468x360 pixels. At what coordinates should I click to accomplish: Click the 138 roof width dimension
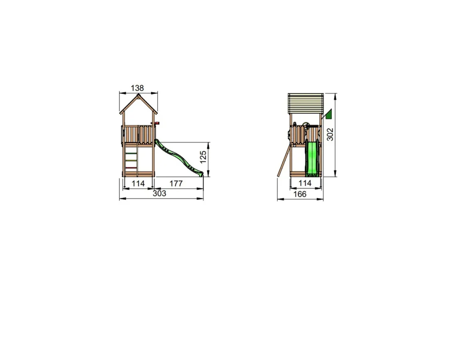[137, 88]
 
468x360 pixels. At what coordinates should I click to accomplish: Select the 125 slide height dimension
[203, 157]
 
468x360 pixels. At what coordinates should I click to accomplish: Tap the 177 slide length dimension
[176, 183]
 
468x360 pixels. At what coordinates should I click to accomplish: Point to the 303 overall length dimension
[159, 194]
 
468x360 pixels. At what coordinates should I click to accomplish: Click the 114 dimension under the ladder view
[138, 183]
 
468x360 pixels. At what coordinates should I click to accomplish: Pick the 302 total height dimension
[330, 134]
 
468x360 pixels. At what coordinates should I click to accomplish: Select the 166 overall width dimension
[300, 194]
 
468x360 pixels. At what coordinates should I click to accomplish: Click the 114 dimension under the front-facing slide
[305, 183]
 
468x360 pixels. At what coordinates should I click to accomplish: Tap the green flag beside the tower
[328, 114]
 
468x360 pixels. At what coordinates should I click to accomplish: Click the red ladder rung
[131, 168]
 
